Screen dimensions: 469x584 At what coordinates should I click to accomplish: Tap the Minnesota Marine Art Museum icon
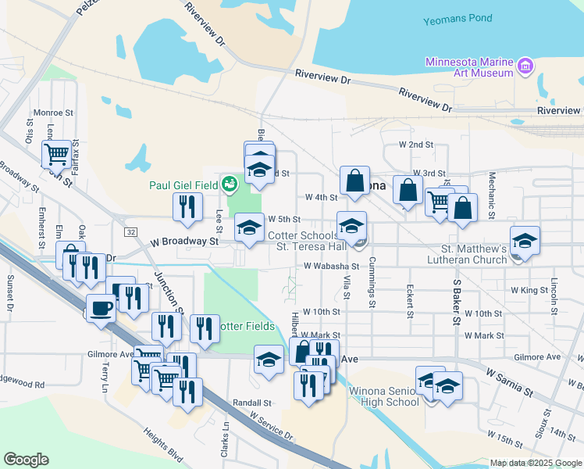pyautogui.click(x=525, y=67)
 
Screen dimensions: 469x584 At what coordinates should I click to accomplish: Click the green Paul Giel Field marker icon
pyautogui.click(x=229, y=184)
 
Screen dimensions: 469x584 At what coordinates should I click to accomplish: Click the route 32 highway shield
pyautogui.click(x=130, y=232)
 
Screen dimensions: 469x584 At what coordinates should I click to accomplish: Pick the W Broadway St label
pyautogui.click(x=184, y=242)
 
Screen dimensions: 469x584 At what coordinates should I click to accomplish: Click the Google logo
pyautogui.click(x=27, y=460)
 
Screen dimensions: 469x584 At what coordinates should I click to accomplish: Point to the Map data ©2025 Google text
pyautogui.click(x=535, y=463)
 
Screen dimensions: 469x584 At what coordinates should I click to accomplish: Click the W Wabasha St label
pyautogui.click(x=331, y=266)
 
